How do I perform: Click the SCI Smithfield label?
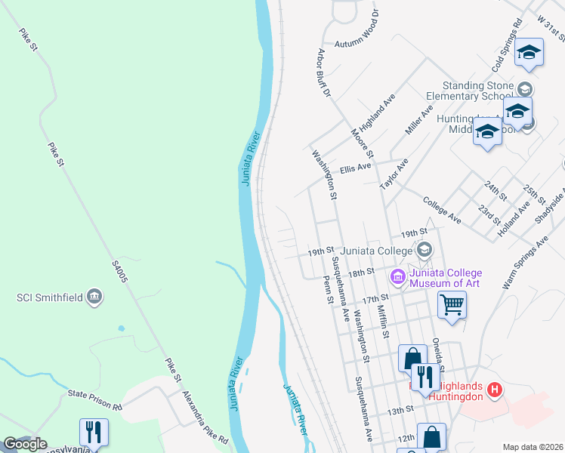(50, 297)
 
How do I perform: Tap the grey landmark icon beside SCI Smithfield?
(94, 297)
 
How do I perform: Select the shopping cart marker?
(452, 306)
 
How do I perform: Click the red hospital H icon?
(494, 390)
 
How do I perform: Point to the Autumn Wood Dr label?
(360, 44)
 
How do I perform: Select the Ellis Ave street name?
(356, 168)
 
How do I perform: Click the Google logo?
(26, 444)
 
